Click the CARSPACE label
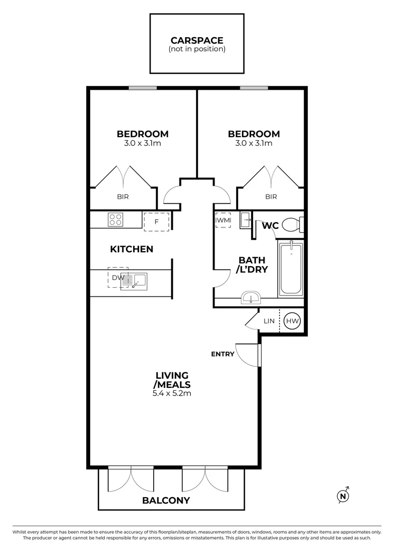coord(196,40)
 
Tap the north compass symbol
coord(343,496)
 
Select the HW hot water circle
coord(292,321)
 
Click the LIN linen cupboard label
coord(269,321)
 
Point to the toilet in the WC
coord(292,225)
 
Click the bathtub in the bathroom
coord(291,268)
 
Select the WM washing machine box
coord(223,221)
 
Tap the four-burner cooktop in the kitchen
coord(115,220)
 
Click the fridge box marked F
coord(156,221)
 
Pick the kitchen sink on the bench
coord(135,281)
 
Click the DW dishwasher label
coord(117,277)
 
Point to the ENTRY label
coord(223,354)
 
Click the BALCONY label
coord(166,500)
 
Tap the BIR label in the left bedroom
coord(123,196)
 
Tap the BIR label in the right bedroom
coord(271,196)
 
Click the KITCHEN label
coord(132,249)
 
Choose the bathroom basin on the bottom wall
coord(252,298)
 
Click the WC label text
coord(270,226)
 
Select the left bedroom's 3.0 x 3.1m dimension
coord(142,143)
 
